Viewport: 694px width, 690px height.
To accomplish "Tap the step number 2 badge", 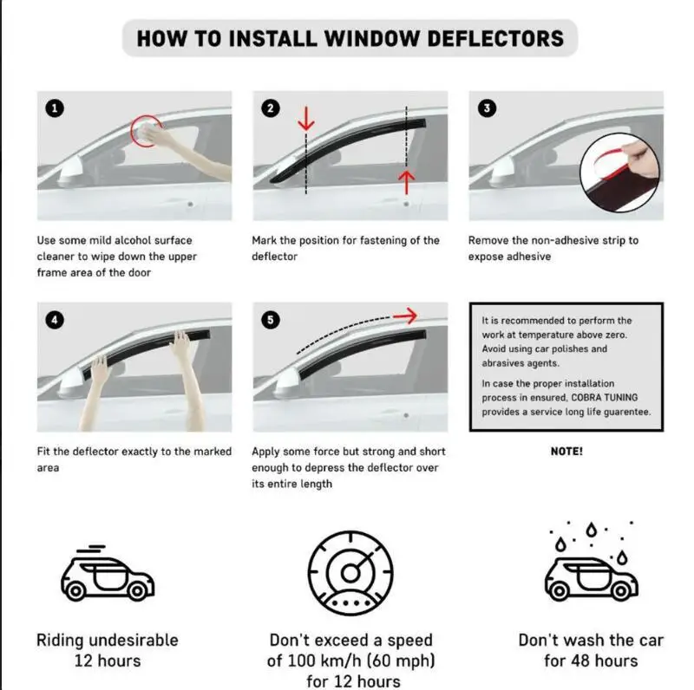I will [x=272, y=108].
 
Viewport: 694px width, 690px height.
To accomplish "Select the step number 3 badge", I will [x=488, y=108].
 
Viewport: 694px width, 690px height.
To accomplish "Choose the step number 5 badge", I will [x=272, y=320].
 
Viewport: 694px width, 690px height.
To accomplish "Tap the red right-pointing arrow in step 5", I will [x=404, y=316].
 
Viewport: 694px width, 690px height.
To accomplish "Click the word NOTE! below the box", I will [x=566, y=452].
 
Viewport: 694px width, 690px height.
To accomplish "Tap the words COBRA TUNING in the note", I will [x=606, y=397].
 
